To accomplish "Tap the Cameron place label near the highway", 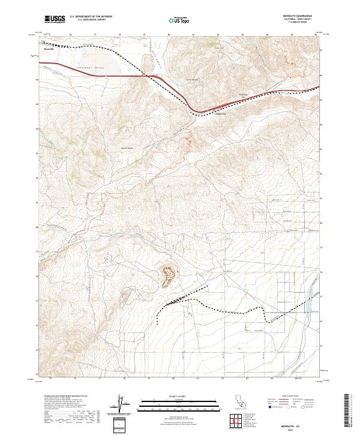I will click(x=220, y=114).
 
